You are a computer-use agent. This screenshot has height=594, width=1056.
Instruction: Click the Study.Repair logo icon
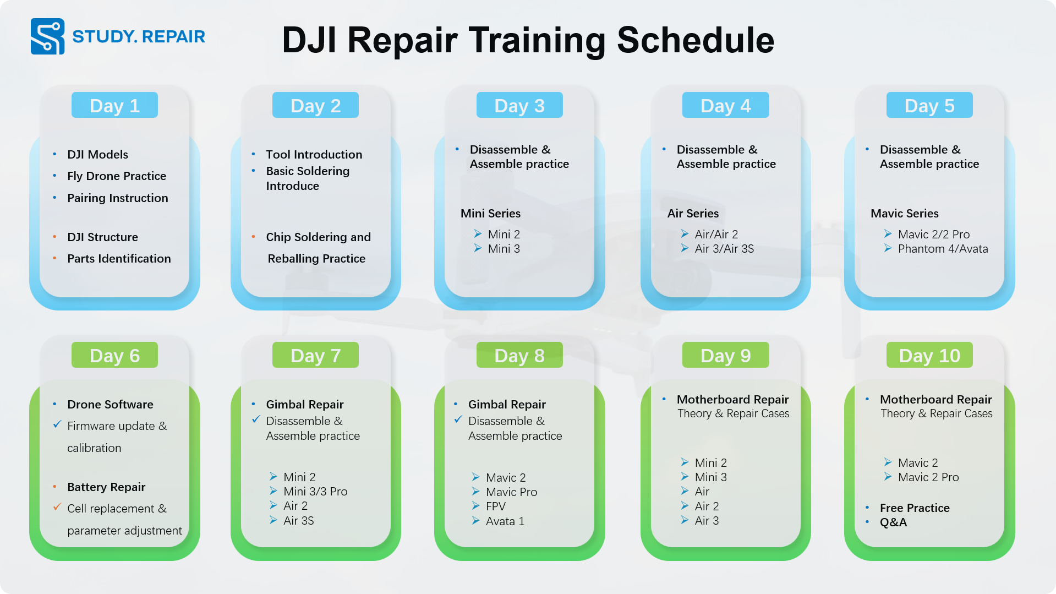(47, 36)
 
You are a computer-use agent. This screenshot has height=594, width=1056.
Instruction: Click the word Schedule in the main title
(696, 40)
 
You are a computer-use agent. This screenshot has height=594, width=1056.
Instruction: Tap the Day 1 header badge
(114, 105)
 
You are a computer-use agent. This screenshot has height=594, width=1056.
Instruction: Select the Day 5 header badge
(929, 105)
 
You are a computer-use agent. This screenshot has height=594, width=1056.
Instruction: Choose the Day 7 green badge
(315, 355)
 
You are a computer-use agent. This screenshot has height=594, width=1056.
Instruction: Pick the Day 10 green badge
(929, 355)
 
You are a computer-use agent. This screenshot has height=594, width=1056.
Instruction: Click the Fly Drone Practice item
(117, 176)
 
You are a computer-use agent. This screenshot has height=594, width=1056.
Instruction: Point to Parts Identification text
(119, 259)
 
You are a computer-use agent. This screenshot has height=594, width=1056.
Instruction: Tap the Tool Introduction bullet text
(314, 155)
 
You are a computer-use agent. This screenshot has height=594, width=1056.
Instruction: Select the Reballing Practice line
(316, 259)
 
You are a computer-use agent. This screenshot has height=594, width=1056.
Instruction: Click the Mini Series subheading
(490, 214)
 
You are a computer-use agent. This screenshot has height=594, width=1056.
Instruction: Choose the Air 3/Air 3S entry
(724, 249)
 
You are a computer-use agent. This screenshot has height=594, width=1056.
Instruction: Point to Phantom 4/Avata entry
(943, 249)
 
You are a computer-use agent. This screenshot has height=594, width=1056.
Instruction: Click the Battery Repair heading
(106, 487)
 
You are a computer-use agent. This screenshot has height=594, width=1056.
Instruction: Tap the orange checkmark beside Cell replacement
(57, 507)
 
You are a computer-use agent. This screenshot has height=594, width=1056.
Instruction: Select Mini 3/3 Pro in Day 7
(315, 492)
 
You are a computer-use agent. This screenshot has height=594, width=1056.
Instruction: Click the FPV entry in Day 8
(495, 506)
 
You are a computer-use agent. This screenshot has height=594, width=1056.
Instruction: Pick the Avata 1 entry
(505, 521)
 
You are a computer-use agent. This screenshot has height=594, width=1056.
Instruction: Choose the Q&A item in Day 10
(893, 522)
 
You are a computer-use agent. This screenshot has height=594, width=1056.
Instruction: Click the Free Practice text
(915, 508)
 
